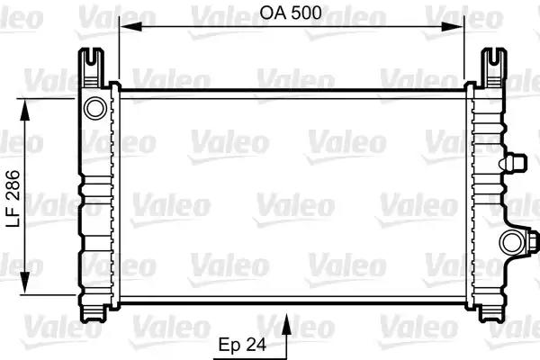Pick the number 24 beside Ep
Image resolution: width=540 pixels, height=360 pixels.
259,344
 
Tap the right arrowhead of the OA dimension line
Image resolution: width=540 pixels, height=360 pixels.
459,27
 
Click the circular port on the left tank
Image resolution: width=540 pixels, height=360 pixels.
94,109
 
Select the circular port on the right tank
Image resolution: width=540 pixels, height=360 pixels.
512,241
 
